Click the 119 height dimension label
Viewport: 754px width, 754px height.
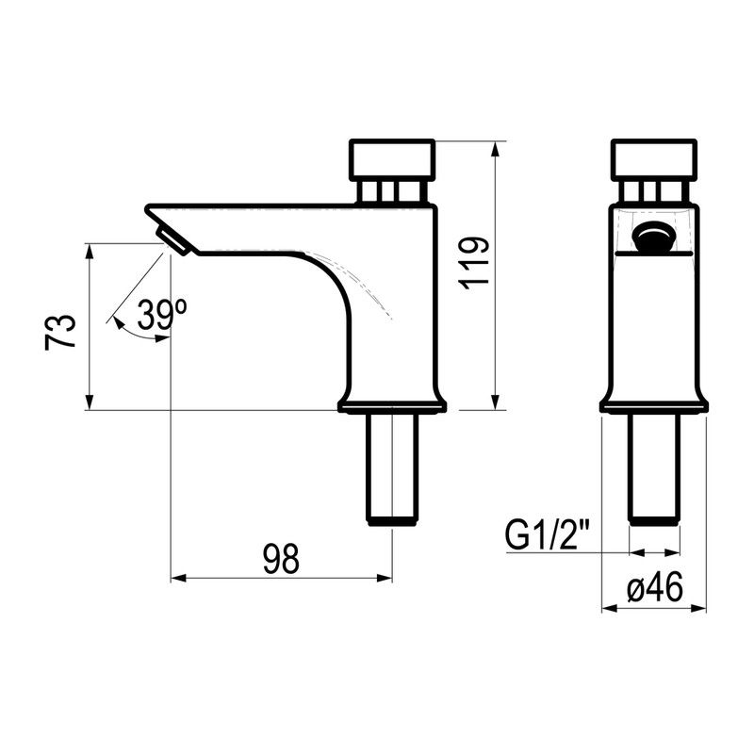point(474,264)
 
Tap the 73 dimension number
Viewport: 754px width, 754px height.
point(60,333)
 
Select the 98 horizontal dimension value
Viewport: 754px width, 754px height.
point(281,559)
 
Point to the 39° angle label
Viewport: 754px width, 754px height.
point(161,314)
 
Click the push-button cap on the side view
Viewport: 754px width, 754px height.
point(392,159)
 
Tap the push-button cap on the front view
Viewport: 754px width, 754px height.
point(654,159)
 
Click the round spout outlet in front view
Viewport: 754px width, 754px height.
point(653,238)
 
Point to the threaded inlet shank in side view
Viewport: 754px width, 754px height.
point(392,469)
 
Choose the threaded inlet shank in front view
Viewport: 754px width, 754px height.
point(654,469)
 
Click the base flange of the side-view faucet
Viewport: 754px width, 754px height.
point(392,406)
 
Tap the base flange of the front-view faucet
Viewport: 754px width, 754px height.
point(654,406)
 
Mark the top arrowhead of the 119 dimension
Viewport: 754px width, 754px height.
point(496,148)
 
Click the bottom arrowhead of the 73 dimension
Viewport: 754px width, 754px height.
point(89,403)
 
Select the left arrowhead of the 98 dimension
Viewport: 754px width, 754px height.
point(178,578)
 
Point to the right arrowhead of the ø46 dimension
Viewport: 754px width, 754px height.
point(699,608)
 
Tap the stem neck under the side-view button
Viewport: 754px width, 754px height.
point(392,191)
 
